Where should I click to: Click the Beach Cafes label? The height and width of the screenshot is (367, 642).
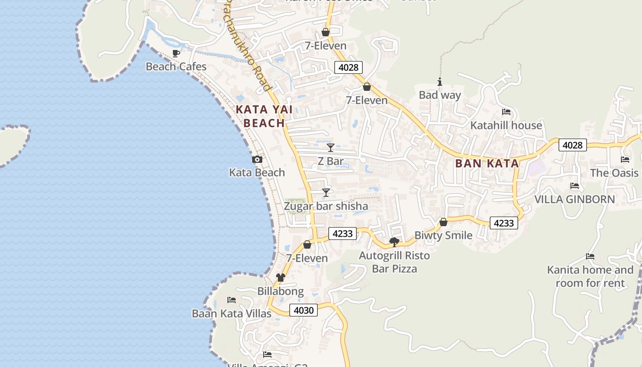click(176, 67)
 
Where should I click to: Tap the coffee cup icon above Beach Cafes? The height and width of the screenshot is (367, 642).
click(176, 53)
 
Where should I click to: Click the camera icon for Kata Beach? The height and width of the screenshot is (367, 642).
click(257, 160)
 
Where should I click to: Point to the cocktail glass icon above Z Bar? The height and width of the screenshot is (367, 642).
click(330, 148)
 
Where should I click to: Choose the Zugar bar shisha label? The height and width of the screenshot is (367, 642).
click(326, 206)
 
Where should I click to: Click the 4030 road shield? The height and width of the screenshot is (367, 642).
click(304, 310)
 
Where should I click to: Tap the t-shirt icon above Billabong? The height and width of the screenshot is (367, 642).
click(280, 278)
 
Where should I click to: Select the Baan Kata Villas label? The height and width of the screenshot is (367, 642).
click(232, 314)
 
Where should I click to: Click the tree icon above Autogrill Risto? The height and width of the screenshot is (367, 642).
click(394, 242)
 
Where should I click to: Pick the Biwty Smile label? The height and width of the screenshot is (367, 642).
click(443, 235)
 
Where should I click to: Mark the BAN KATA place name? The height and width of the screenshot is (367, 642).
click(487, 163)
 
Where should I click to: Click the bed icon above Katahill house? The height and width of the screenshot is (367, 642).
click(506, 112)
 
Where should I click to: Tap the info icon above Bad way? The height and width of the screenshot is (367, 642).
click(440, 82)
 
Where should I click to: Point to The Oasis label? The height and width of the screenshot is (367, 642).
click(614, 173)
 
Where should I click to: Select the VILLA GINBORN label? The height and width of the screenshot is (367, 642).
click(575, 199)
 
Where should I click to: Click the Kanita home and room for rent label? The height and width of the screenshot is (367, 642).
click(590, 276)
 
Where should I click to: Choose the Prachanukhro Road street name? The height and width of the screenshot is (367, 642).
click(248, 46)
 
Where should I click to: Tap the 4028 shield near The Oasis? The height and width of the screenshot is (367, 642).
click(572, 145)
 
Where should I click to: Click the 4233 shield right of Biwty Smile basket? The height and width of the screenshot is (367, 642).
click(504, 223)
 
